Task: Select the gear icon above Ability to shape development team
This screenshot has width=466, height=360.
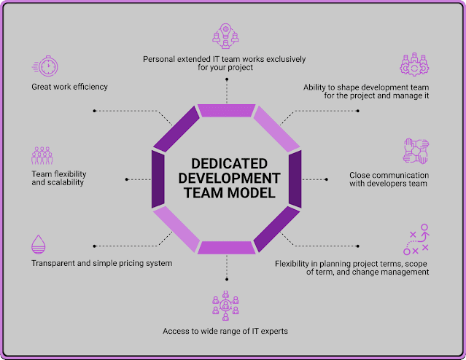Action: (x=413, y=64)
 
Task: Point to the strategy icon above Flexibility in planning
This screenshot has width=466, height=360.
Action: (x=415, y=240)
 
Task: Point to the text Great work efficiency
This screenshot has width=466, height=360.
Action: (x=69, y=87)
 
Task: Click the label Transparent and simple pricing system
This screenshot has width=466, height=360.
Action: (x=101, y=263)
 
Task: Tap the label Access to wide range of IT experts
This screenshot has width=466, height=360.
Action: (x=225, y=332)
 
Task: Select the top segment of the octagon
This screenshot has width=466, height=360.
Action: (x=226, y=111)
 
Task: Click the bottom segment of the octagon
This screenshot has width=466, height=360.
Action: (x=226, y=248)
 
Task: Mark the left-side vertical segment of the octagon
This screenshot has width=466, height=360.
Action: (x=158, y=179)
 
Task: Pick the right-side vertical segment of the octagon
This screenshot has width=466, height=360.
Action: (x=295, y=179)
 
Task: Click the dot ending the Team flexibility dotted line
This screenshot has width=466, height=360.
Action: (x=127, y=179)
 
